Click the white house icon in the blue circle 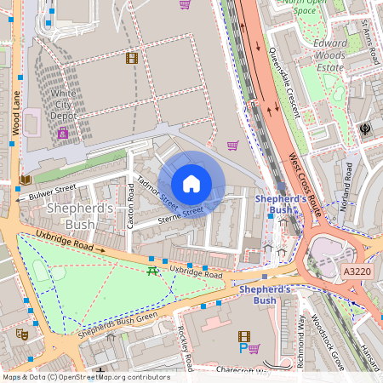tap(191, 184)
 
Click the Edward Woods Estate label tap(330, 55)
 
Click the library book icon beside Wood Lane tap(25, 180)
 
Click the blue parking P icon tap(243, 349)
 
